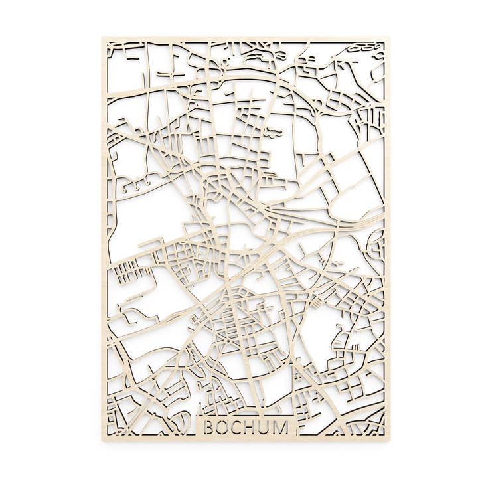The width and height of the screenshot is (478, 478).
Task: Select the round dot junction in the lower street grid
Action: (x=230, y=341)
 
